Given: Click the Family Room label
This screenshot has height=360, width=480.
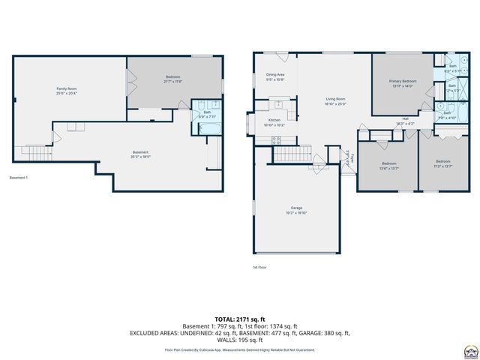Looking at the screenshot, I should pos(67,89).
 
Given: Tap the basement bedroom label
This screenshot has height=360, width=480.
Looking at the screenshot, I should pos(173,77).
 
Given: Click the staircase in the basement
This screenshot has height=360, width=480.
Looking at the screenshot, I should pos(34,152).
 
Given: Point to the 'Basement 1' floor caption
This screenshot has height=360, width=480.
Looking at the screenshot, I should pos(19,178).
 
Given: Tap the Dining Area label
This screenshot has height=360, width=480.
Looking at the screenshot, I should pos(275,75).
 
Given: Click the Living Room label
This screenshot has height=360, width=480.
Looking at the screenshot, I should pos(335,99).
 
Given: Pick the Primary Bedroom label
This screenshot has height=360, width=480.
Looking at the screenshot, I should pos(403,81).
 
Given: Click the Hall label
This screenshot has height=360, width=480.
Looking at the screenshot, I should pos(405,118).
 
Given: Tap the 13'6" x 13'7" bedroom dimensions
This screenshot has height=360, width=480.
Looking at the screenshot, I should pos(388,168).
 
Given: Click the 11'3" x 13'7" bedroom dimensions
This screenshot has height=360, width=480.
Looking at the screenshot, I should pos(443,166).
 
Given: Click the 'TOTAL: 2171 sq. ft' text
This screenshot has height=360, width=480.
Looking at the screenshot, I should pos(239,319).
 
